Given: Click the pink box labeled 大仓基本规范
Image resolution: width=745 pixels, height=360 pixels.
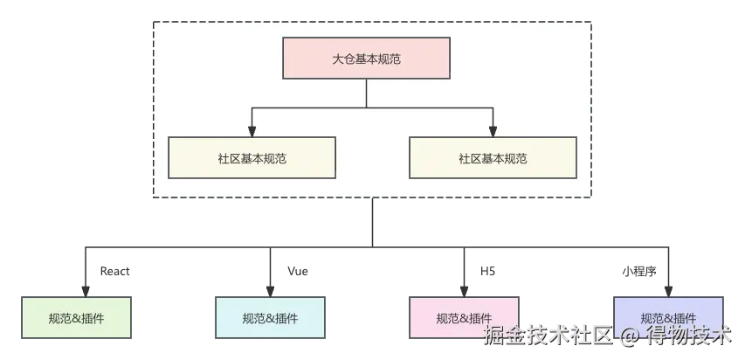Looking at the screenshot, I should point(366,59).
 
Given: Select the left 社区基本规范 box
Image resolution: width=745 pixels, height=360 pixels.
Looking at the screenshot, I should point(252,158).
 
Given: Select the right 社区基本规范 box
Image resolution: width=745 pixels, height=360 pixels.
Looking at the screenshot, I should point(493,158).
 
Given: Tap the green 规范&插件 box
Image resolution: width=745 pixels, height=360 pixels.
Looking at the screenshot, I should point(77,318).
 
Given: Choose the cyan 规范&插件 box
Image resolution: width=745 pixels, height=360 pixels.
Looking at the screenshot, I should point(270,318).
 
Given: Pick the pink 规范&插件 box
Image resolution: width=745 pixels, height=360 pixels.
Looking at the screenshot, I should point(463,318).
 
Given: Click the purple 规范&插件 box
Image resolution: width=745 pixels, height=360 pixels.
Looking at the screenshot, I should point(668,318).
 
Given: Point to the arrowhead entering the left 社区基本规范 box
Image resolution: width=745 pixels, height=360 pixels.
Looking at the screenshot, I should point(252,131).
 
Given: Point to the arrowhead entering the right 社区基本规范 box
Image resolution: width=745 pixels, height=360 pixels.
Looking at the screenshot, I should point(493,131).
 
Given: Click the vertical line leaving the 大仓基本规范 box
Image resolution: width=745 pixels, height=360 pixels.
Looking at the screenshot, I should point(366,93).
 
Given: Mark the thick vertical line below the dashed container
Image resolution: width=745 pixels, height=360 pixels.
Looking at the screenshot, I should point(373,223).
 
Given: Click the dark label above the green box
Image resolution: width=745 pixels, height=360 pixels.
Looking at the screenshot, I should point(115,272).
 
